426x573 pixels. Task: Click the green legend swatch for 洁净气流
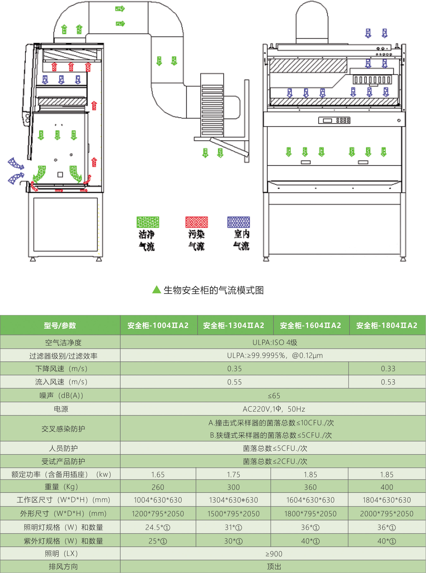148,222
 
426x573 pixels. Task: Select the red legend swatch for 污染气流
197,222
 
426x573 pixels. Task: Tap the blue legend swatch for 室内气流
239,222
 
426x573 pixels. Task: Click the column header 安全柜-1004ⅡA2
158,325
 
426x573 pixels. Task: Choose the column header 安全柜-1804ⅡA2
387,325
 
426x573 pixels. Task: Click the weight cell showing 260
158,487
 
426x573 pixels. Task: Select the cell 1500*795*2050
233,514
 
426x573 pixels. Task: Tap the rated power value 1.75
233,474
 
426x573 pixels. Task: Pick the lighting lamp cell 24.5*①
158,527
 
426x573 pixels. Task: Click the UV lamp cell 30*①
233,541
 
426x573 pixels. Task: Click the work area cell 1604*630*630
310,500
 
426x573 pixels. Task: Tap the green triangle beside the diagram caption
156,290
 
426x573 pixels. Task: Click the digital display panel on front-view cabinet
334,120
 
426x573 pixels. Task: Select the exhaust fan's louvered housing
212,110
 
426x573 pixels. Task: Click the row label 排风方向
63,567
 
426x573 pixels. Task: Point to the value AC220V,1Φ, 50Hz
274,409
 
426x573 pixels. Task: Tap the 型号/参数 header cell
60,325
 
